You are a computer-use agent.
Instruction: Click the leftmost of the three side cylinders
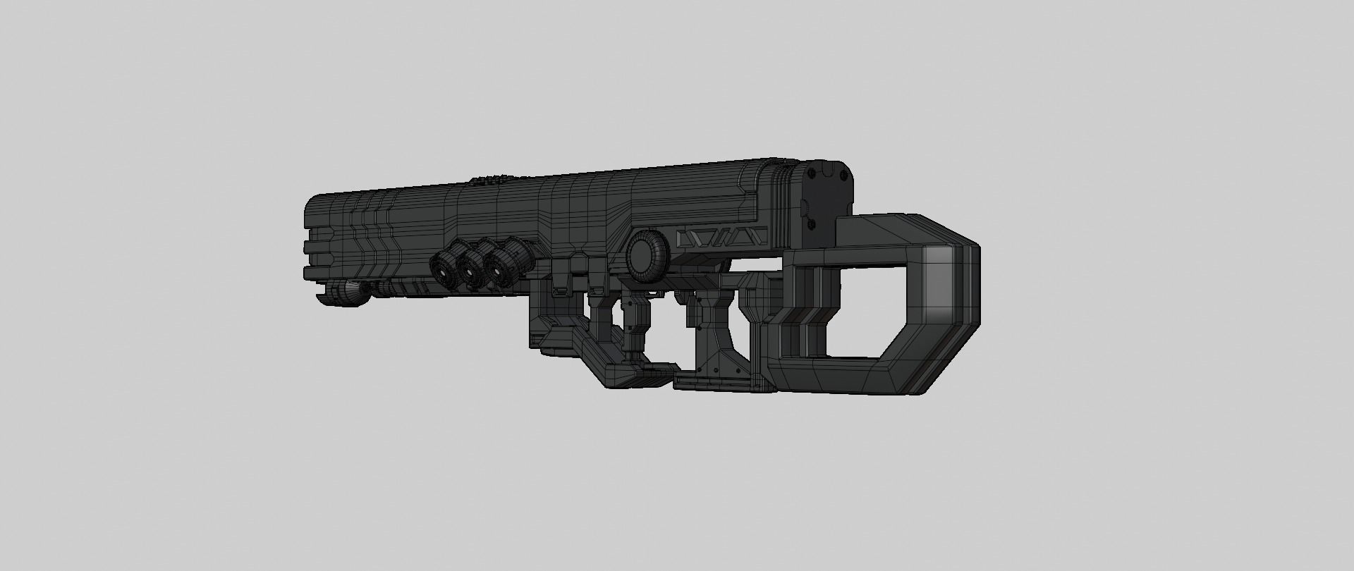pyautogui.click(x=444, y=266)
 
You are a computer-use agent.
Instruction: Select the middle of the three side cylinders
pyautogui.click(x=472, y=266)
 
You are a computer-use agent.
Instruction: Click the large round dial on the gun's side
pyautogui.click(x=644, y=252)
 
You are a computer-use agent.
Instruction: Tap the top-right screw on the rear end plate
pyautogui.click(x=842, y=168)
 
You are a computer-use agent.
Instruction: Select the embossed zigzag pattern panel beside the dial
pyautogui.click(x=719, y=237)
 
